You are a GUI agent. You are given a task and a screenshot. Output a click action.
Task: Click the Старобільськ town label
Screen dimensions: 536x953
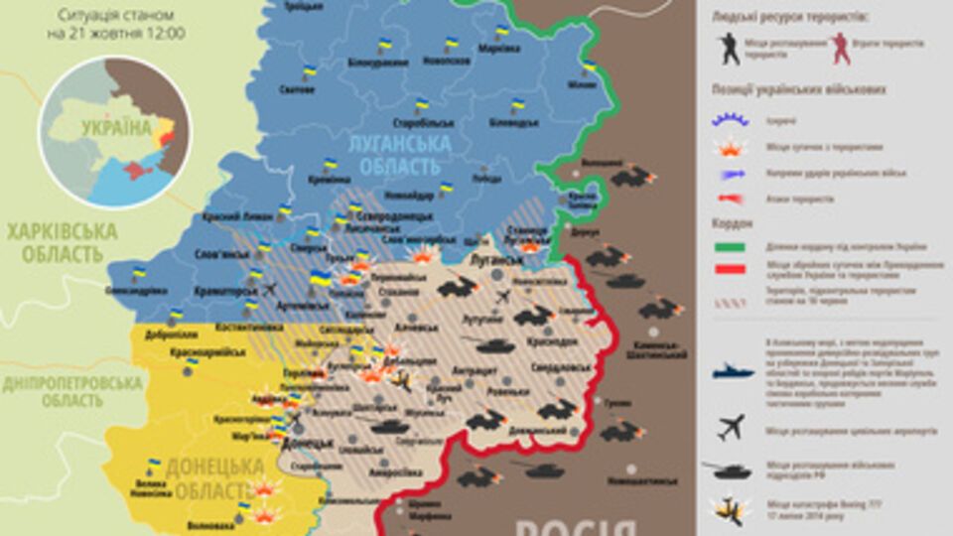tap(424, 122)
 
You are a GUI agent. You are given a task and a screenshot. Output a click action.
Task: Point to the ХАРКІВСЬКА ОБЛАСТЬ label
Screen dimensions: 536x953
tap(62, 243)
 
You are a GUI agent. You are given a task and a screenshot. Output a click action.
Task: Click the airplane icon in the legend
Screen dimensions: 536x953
tap(732, 428)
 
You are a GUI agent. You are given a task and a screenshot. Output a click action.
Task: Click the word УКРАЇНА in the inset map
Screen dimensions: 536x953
tap(116, 128)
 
